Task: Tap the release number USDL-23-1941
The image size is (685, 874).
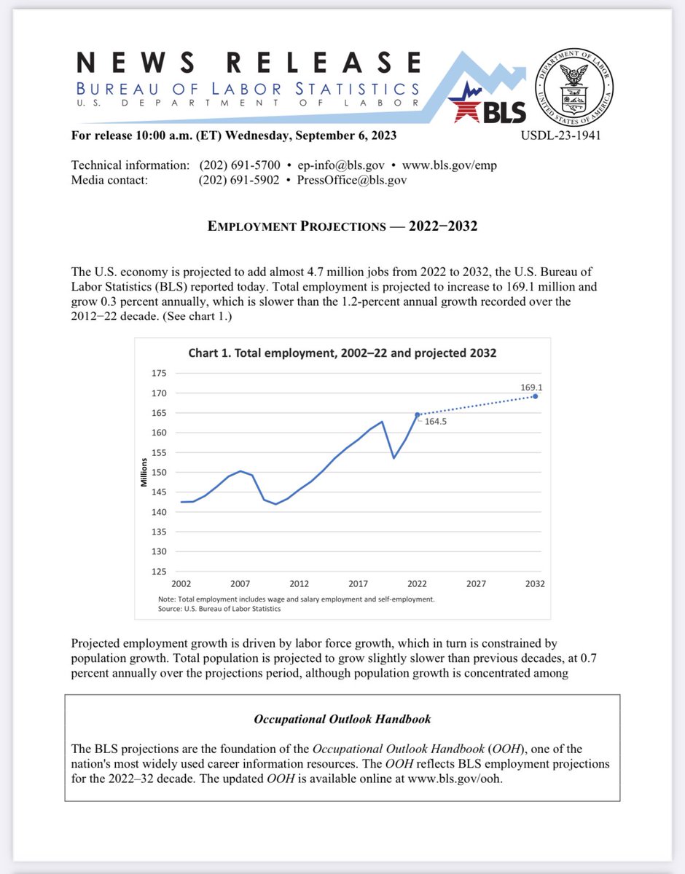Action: pyautogui.click(x=561, y=135)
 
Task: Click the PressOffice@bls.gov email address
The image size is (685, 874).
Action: pyautogui.click(x=352, y=180)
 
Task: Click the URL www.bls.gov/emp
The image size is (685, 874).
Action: pyautogui.click(x=452, y=165)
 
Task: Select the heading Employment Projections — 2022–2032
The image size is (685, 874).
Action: pyautogui.click(x=342, y=226)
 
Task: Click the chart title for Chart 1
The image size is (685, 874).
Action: pyautogui.click(x=342, y=353)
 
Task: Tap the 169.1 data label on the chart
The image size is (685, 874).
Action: pyautogui.click(x=529, y=388)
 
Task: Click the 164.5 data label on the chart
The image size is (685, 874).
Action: pyautogui.click(x=436, y=421)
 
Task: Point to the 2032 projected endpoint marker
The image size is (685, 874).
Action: pyautogui.click(x=536, y=396)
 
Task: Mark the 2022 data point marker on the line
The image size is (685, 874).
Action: pyautogui.click(x=418, y=414)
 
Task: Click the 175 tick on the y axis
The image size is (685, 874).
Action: pyautogui.click(x=159, y=373)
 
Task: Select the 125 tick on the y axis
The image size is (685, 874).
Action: pyautogui.click(x=159, y=571)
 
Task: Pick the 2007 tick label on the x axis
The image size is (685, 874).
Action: pyautogui.click(x=240, y=583)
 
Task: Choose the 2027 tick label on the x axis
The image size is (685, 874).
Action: pyautogui.click(x=477, y=583)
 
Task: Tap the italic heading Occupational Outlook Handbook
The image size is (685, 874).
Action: pyautogui.click(x=342, y=719)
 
